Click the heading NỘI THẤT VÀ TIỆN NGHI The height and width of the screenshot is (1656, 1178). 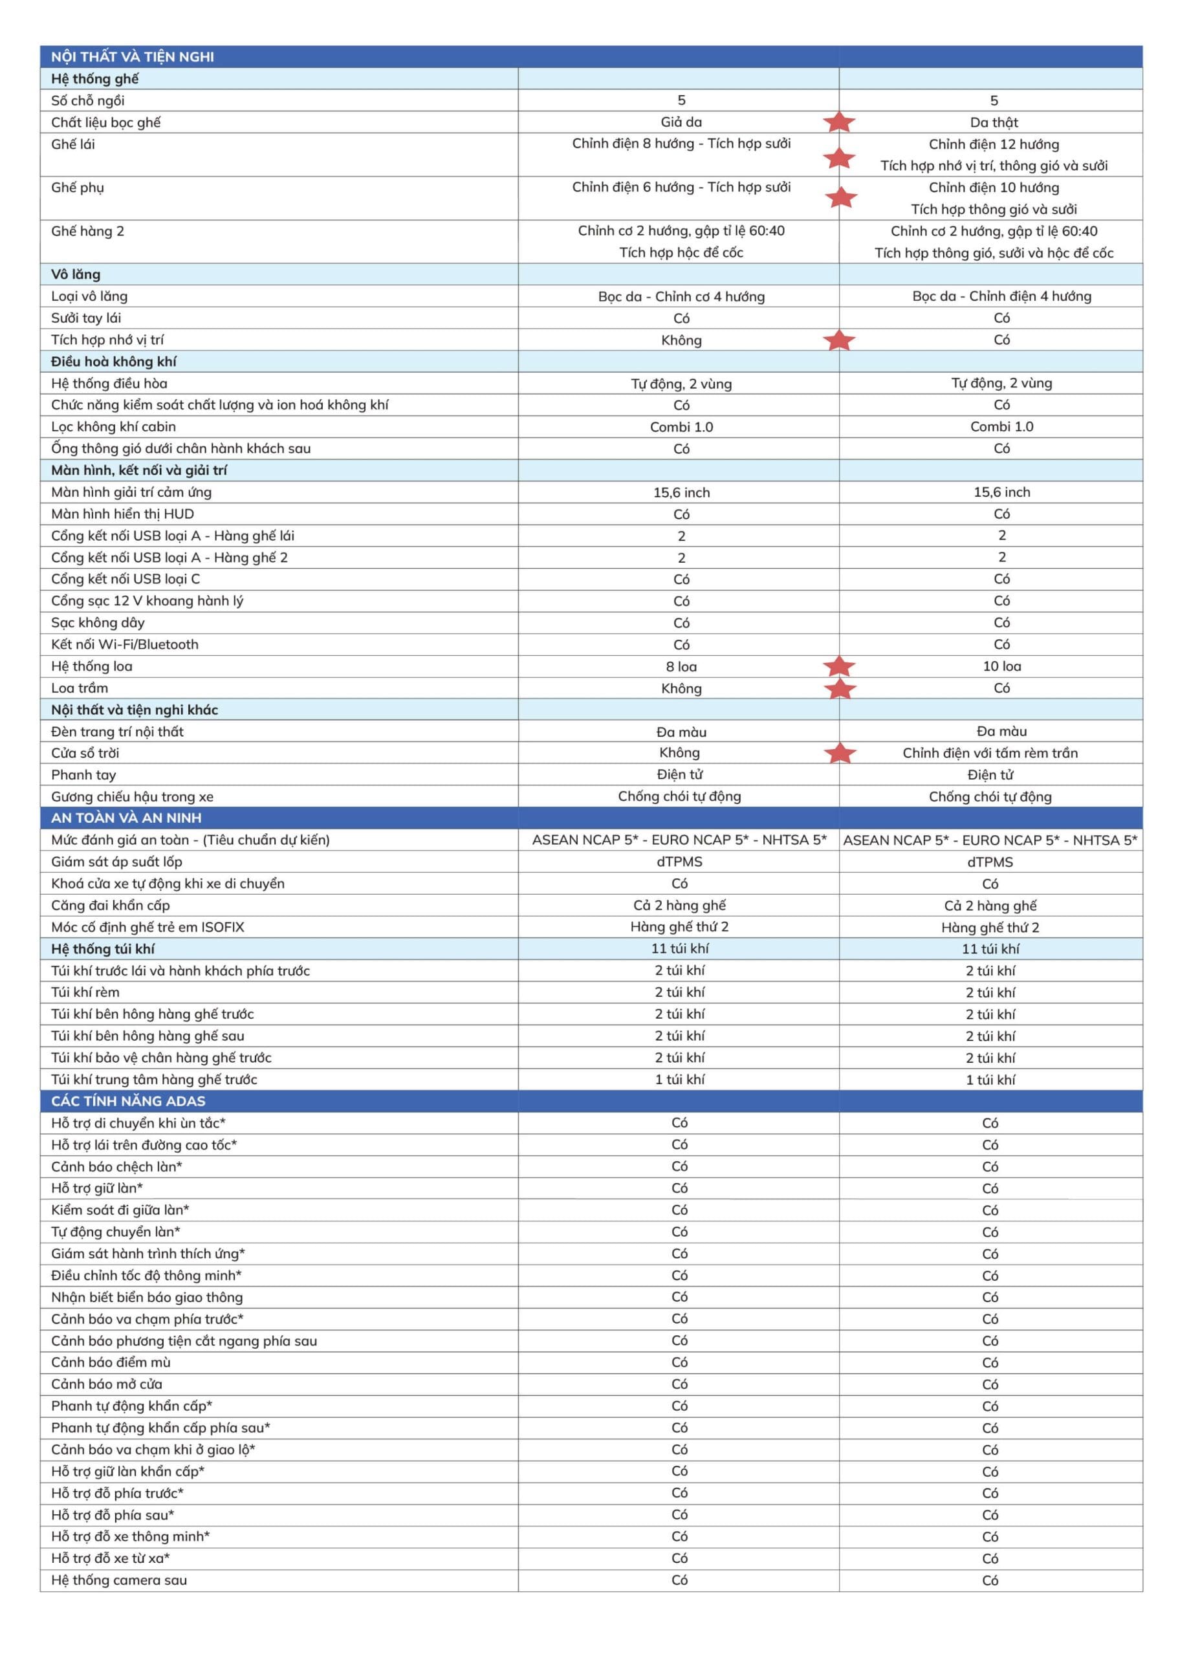(x=132, y=56)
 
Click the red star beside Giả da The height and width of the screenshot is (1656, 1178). (x=839, y=122)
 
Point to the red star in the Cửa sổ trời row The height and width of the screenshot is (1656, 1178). (x=840, y=753)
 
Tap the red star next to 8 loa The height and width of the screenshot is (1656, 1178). (x=840, y=666)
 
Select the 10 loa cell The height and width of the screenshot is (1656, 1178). (x=1002, y=666)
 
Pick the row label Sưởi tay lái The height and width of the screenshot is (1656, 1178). (x=86, y=318)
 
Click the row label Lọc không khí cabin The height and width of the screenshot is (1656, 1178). (x=113, y=426)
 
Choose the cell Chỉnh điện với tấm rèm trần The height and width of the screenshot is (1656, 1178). (x=990, y=753)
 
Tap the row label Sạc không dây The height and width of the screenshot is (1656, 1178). (x=98, y=622)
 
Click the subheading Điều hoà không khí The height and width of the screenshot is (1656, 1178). (x=114, y=361)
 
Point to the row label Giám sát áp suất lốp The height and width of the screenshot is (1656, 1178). (x=117, y=862)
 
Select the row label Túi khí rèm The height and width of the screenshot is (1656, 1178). (x=85, y=992)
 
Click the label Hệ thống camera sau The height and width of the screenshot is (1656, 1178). (x=119, y=1580)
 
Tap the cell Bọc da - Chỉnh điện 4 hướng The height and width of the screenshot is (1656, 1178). (x=1002, y=296)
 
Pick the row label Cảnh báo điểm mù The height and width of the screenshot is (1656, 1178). (x=111, y=1362)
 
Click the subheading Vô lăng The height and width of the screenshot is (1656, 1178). (x=76, y=274)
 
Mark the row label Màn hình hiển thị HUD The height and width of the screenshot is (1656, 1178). (x=123, y=514)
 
